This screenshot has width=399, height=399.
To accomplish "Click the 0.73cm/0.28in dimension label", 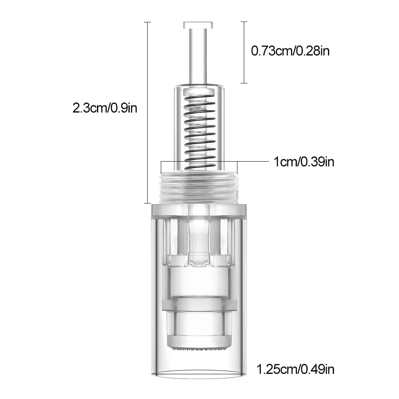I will tap(290, 51).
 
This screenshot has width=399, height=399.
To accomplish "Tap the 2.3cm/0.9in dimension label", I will tap(105, 109).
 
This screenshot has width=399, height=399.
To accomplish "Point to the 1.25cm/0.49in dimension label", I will tap(295, 369).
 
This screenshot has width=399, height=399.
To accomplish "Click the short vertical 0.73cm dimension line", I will tap(244, 52).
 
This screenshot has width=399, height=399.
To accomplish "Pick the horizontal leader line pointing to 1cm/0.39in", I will tap(253, 162).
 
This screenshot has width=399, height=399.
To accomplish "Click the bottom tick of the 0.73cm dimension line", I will tap(244, 83).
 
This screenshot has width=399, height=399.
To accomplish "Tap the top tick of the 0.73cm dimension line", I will tap(244, 22).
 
